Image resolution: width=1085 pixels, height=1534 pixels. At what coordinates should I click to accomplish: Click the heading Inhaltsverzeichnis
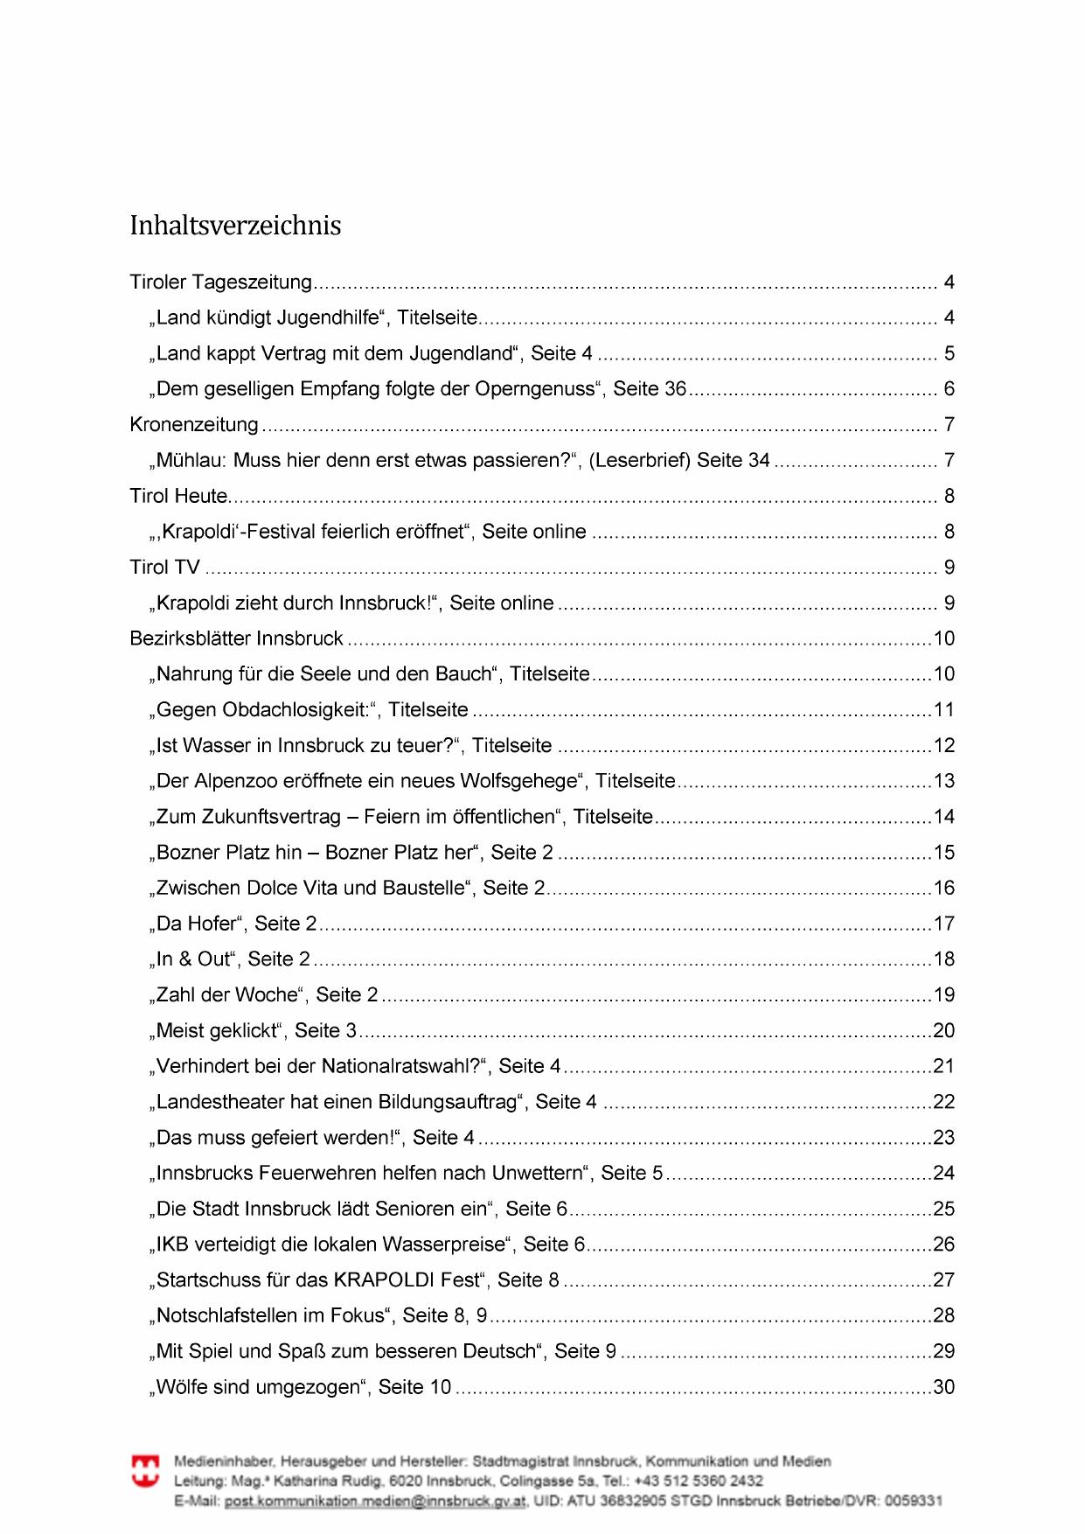tap(235, 226)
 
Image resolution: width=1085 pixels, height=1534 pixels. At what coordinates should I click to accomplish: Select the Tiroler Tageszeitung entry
tap(220, 282)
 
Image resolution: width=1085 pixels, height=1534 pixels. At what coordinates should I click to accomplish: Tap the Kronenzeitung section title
tap(194, 425)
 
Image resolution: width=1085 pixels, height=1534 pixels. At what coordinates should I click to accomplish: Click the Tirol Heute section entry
tap(178, 496)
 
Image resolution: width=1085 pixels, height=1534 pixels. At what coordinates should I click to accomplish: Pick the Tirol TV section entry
tap(164, 568)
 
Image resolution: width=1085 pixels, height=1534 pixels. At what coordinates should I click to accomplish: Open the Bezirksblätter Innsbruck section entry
tap(236, 638)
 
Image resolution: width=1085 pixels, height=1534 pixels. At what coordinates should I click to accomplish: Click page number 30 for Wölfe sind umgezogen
tap(944, 1387)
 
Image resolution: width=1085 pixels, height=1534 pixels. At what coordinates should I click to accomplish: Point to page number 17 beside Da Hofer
tap(944, 924)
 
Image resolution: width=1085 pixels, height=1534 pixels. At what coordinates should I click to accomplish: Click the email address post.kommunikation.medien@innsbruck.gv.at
tap(375, 1501)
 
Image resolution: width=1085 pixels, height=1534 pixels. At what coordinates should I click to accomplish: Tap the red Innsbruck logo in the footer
tap(145, 1471)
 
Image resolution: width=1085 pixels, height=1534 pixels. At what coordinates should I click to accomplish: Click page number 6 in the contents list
tap(949, 389)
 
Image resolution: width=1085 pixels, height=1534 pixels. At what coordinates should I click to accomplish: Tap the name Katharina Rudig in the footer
tap(330, 1481)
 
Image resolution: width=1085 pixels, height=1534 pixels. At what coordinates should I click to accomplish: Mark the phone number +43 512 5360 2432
tap(697, 1481)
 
